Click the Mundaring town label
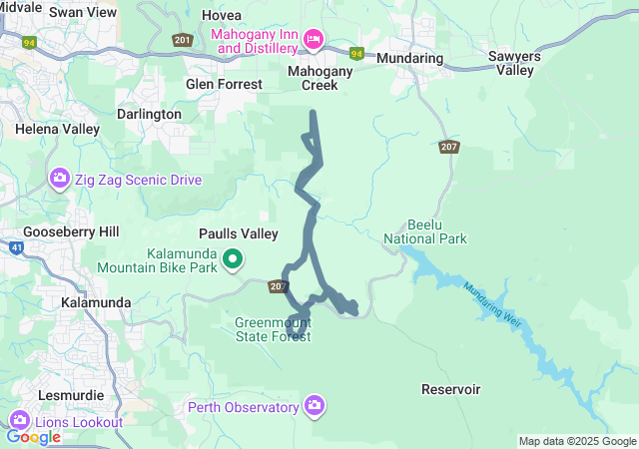pos(409,59)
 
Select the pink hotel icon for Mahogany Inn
pos(314,39)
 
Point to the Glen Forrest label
pos(224,85)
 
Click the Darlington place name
pos(149,115)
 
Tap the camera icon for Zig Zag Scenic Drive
pos(59,180)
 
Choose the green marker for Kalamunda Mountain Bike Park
pos(233,259)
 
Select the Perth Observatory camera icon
pos(315,405)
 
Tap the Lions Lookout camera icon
pos(20,421)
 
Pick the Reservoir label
pos(451,389)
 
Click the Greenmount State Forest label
pos(274,330)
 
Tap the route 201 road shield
pos(182,40)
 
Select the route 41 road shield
pos(16,247)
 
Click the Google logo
pos(33,436)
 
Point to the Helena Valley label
pos(57,130)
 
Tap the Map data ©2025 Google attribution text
pos(576,441)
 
